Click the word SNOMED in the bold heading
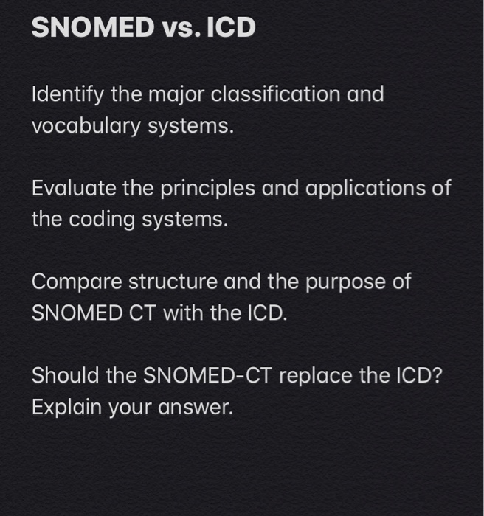(90, 28)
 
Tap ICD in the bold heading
(230, 28)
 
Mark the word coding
(94, 220)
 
